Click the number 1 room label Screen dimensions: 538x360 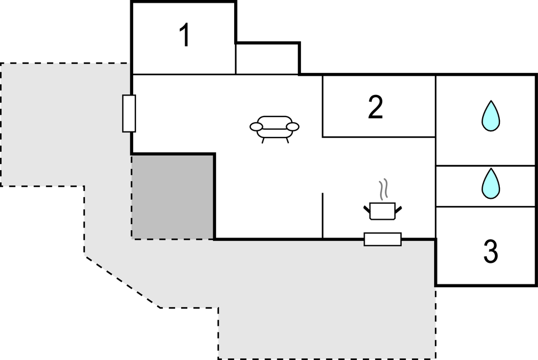point(185,35)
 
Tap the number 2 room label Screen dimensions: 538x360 point(375,107)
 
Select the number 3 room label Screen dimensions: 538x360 point(490,251)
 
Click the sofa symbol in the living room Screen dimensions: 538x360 point(274,129)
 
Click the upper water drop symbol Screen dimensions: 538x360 point(490,116)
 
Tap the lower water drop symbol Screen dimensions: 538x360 point(490,183)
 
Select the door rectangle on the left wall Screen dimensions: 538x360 point(129,114)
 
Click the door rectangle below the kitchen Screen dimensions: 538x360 point(383,239)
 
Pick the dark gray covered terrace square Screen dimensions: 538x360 point(173,197)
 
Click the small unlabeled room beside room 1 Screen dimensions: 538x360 point(267,59)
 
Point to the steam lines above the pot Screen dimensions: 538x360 point(383,189)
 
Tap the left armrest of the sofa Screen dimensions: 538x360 point(256,127)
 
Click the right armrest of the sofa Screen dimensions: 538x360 point(293,127)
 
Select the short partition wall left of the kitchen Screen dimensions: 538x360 point(323,215)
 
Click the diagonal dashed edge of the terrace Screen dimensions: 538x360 point(123,282)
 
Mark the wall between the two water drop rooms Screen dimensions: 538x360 point(486,166)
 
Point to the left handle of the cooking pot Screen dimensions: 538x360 point(367,209)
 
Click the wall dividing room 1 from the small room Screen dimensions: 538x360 point(236,59)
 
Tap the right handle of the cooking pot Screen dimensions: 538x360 point(398,210)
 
